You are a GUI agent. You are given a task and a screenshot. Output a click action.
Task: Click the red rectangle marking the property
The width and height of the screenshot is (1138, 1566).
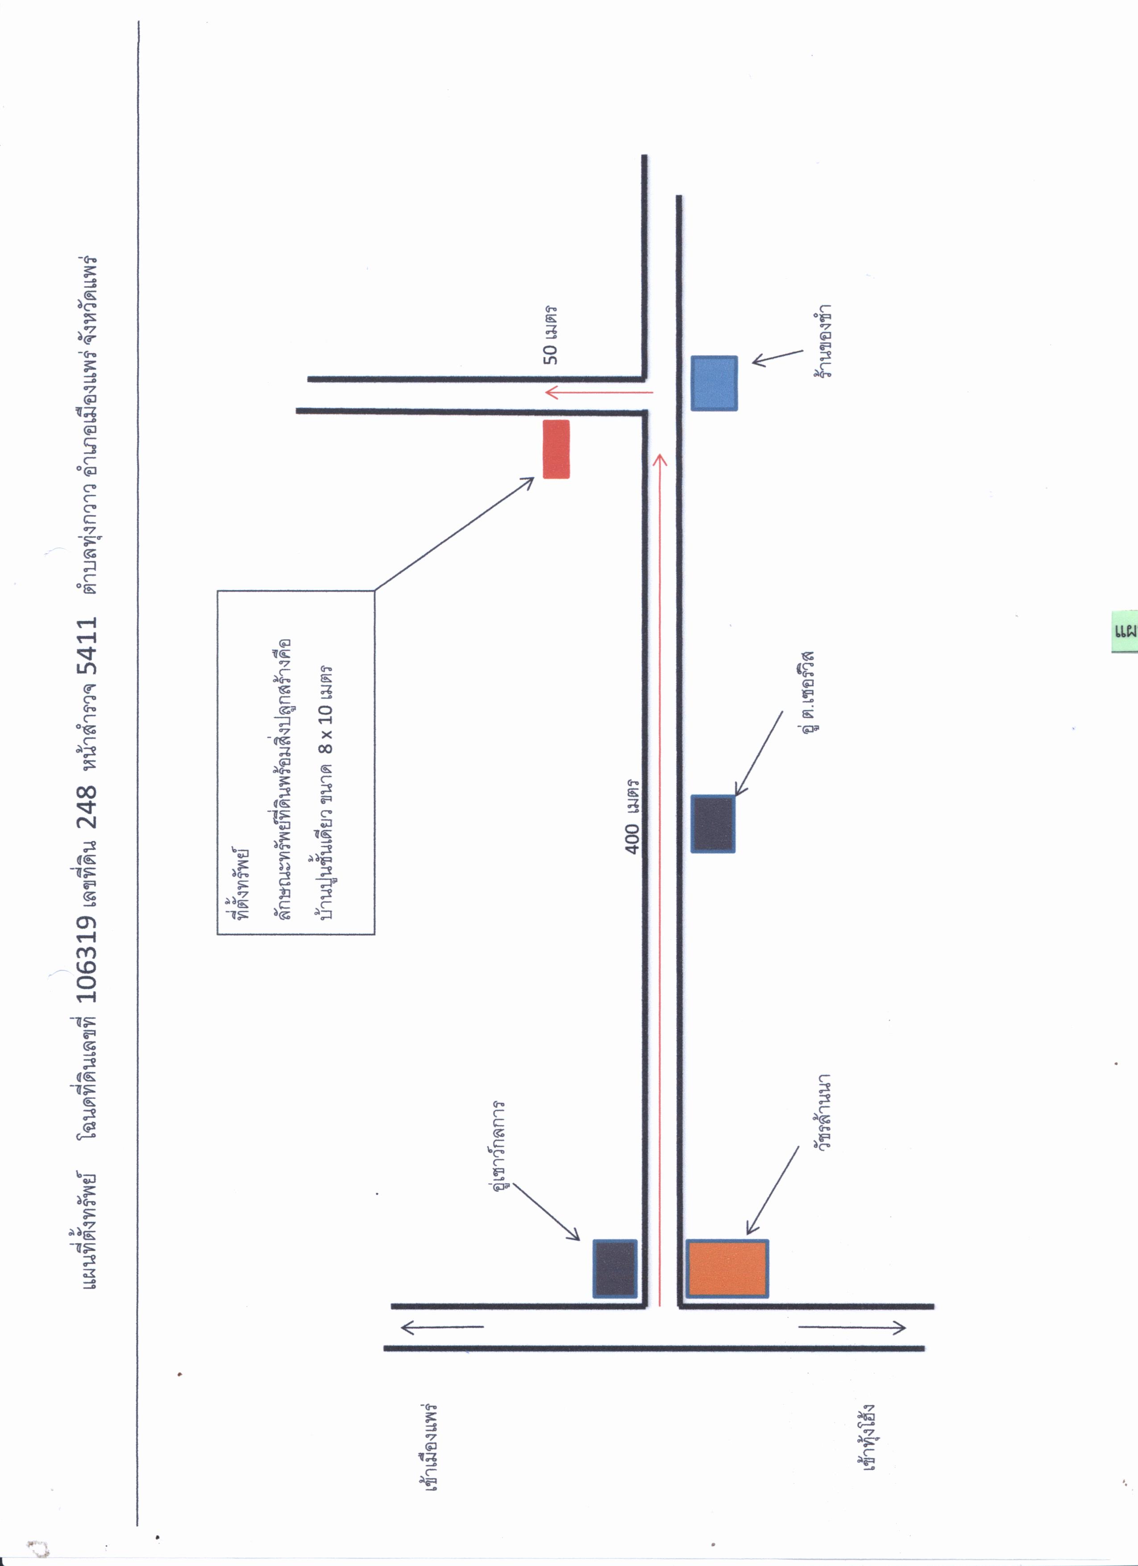pyautogui.click(x=556, y=449)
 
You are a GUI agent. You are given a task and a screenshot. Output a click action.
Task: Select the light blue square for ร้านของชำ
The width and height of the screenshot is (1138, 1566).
pyautogui.click(x=714, y=383)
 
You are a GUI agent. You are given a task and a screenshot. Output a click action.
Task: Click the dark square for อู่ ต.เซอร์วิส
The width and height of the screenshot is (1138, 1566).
pyautogui.click(x=713, y=824)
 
